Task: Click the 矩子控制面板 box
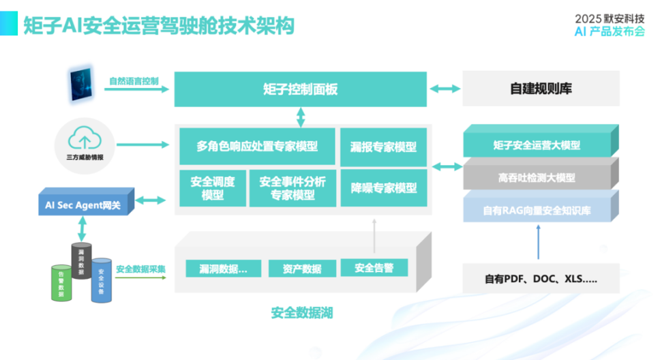[x=301, y=89]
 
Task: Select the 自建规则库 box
[x=541, y=89]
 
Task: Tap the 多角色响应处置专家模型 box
[x=257, y=146]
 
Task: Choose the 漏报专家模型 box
[x=384, y=147]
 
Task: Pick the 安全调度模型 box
[x=213, y=187]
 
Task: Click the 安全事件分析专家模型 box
[x=292, y=187]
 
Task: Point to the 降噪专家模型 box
[x=384, y=187]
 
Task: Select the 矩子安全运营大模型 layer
[x=537, y=145]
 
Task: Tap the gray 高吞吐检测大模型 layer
[x=537, y=177]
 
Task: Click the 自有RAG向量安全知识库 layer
[x=537, y=210]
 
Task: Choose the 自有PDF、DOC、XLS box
[x=541, y=278]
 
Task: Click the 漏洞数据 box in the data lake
[x=223, y=269]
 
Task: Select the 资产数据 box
[x=302, y=269]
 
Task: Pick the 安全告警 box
[x=374, y=268]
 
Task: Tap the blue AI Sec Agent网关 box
[x=82, y=204]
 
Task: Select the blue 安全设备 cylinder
[x=102, y=280]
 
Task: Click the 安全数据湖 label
[x=302, y=313]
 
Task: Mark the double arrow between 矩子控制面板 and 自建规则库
[x=445, y=89]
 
